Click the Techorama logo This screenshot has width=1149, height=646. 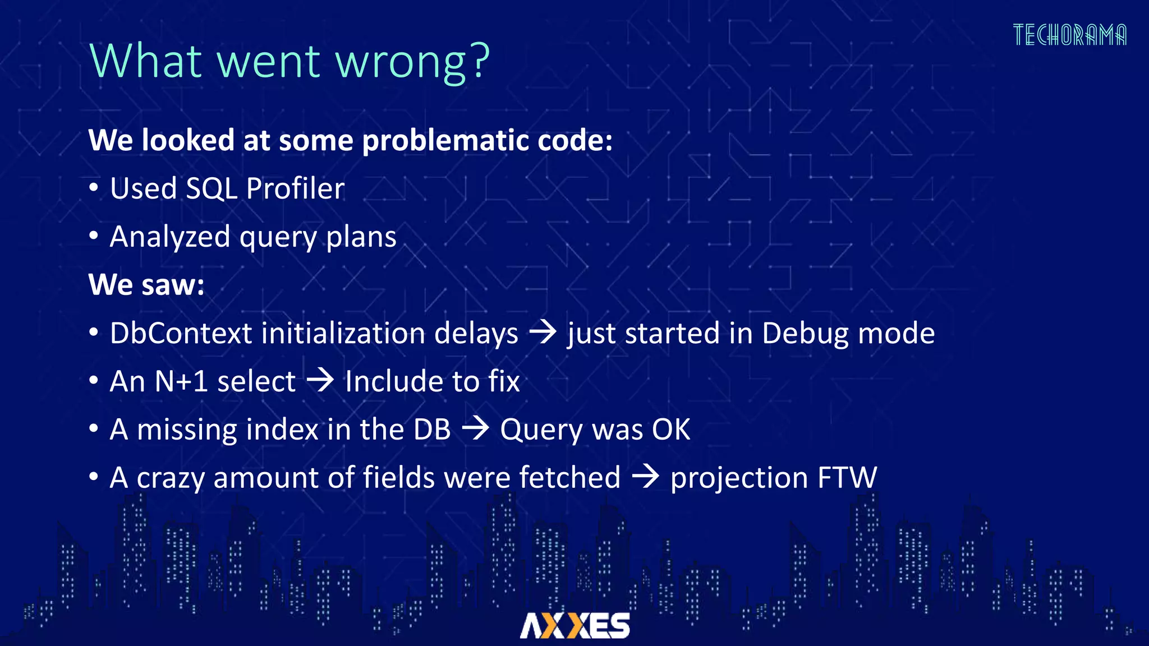[1069, 35]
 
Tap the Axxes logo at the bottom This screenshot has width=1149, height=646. [574, 625]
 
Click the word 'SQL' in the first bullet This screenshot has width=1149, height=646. [212, 188]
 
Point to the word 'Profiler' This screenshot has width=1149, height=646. [295, 188]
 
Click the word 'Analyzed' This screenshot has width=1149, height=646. [169, 237]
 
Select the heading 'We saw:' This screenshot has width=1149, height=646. [146, 285]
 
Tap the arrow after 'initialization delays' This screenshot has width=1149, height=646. [543, 332]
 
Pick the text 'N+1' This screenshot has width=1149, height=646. [181, 381]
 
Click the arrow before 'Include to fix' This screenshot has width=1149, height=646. [320, 380]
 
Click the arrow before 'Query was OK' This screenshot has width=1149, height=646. [475, 428]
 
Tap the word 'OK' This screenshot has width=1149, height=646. [671, 430]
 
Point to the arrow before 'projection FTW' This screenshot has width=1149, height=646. [645, 477]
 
